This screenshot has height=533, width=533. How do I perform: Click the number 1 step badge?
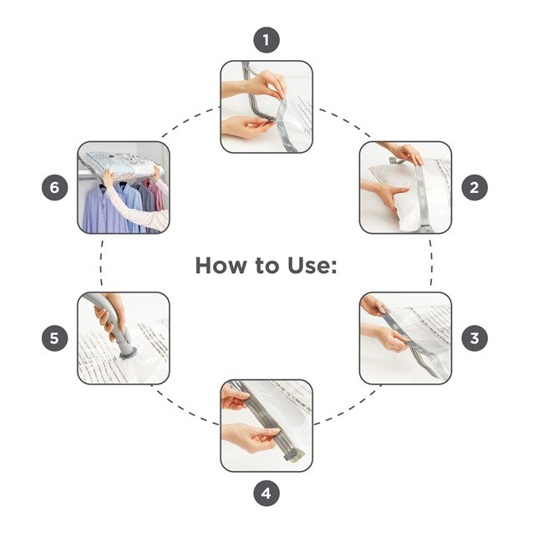(x=266, y=40)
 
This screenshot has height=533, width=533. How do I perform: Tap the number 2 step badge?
(x=475, y=188)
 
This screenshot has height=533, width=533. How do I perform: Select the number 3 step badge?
(x=475, y=338)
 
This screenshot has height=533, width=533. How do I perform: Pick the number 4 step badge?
(x=266, y=493)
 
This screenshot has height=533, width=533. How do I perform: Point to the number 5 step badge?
(x=55, y=338)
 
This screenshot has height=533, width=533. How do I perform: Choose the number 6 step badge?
(x=55, y=188)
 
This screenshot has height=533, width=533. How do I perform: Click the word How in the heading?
(x=221, y=266)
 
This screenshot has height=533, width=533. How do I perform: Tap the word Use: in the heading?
(x=312, y=266)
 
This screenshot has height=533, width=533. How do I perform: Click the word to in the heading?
(x=266, y=266)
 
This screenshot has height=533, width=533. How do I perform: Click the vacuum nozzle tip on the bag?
(x=128, y=353)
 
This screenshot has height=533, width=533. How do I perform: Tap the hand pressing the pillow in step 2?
(x=388, y=195)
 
